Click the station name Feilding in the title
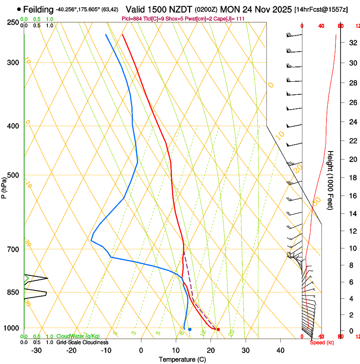(x=39, y=9)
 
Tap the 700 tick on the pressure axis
(x=12, y=249)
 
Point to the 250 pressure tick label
(x=12, y=22)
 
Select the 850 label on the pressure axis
(x=12, y=292)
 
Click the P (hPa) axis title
(x=4, y=186)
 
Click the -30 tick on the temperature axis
(x=36, y=350)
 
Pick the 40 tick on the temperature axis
(x=280, y=350)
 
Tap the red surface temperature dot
(x=218, y=329)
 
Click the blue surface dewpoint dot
(x=190, y=329)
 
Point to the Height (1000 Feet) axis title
(x=330, y=180)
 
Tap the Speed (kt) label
(x=322, y=342)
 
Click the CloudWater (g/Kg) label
(x=78, y=336)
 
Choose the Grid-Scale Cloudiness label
(x=82, y=342)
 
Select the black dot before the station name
(x=19, y=9)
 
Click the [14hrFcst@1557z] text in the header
(x=321, y=9)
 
